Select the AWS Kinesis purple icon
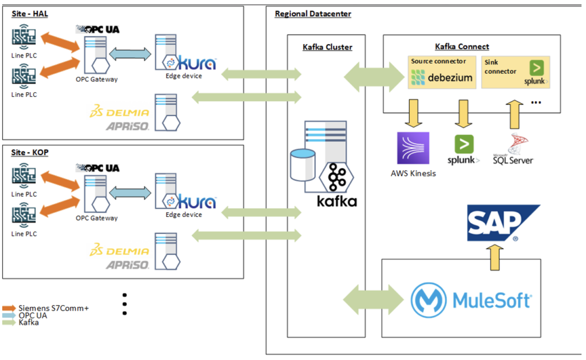tap(413, 148)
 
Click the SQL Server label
tap(513, 160)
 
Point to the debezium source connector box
tap(442, 72)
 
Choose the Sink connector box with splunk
tap(515, 72)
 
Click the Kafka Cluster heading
tap(327, 47)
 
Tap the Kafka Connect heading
tap(462, 46)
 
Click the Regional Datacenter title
tap(313, 14)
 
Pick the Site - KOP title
tap(30, 153)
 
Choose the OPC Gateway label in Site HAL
tap(96, 79)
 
